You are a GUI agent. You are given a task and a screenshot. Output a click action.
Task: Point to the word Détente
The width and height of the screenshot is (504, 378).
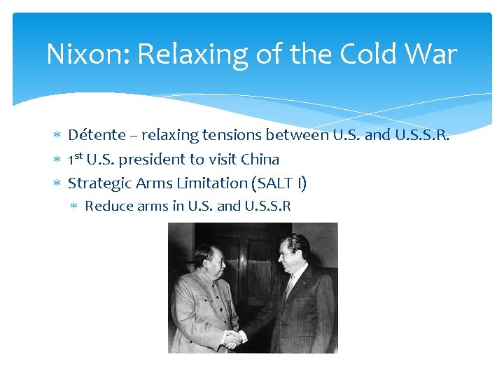coord(97,135)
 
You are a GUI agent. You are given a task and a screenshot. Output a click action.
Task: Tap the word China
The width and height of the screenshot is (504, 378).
coord(260,160)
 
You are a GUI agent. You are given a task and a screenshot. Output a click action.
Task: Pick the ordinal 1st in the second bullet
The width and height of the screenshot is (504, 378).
coord(75,159)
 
